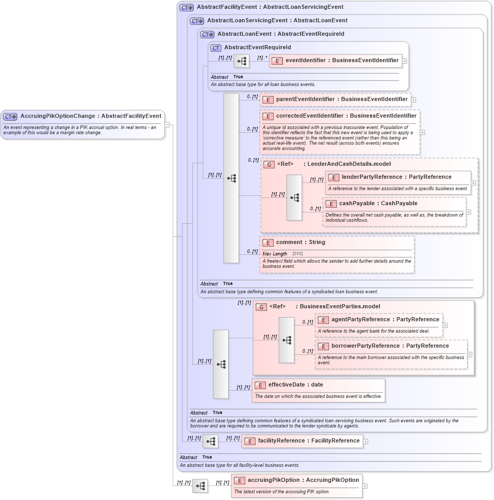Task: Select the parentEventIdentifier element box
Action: click(x=335, y=99)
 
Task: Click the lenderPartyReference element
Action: click(x=397, y=177)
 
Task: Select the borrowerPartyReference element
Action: click(x=391, y=346)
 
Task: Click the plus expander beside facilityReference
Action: click(x=366, y=441)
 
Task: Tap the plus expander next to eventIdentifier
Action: click(x=405, y=61)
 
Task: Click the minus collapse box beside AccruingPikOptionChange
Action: click(x=167, y=124)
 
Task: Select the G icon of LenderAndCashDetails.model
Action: click(x=268, y=165)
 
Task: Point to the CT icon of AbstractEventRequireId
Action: click(x=216, y=48)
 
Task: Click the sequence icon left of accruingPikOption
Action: click(x=200, y=486)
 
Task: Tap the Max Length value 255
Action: click(x=297, y=254)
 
